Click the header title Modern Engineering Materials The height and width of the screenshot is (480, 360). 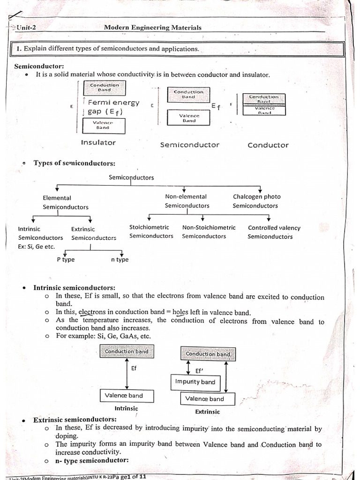pyautogui.click(x=152, y=27)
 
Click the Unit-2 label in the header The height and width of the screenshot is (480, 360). pyautogui.click(x=26, y=28)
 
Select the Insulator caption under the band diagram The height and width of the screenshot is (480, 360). pyautogui.click(x=98, y=142)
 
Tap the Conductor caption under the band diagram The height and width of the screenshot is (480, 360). pyautogui.click(x=268, y=145)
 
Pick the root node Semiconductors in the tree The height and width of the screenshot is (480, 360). pyautogui.click(x=131, y=177)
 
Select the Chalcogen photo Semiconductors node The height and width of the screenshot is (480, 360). pyautogui.click(x=256, y=201)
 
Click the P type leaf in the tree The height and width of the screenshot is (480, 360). pyautogui.click(x=66, y=260)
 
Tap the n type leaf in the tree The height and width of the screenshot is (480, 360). pyautogui.click(x=120, y=260)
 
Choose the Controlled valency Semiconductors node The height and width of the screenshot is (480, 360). pyautogui.click(x=274, y=232)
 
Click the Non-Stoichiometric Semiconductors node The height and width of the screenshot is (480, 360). pyautogui.click(x=209, y=232)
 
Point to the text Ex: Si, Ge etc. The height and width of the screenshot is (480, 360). pyautogui.click(x=36, y=247)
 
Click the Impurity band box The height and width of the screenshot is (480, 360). pyautogui.click(x=195, y=382)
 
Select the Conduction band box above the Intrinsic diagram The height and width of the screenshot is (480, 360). pyautogui.click(x=127, y=351)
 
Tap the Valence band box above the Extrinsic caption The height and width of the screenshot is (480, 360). pyautogui.click(x=204, y=399)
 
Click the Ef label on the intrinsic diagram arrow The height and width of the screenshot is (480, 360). pyautogui.click(x=134, y=368)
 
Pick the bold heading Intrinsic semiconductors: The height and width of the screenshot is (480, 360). pyautogui.click(x=74, y=287)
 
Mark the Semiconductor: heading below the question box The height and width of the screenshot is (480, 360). pyautogui.click(x=39, y=66)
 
